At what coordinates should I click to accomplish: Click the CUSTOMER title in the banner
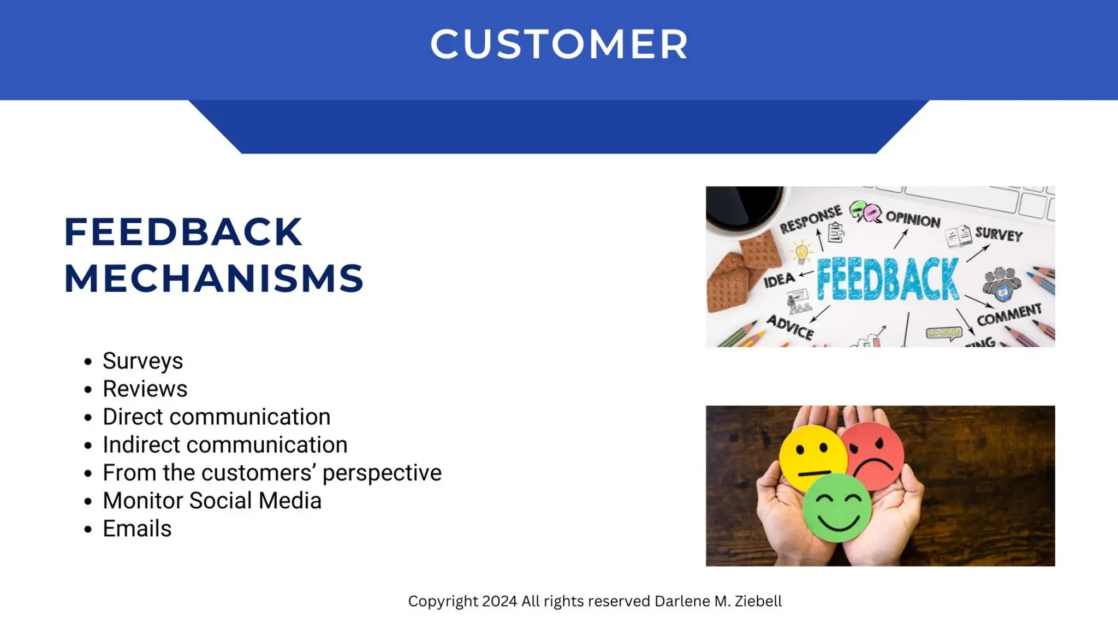click(x=558, y=44)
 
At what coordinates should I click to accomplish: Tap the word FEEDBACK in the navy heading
click(x=183, y=232)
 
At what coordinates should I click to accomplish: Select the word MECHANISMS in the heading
click(x=213, y=278)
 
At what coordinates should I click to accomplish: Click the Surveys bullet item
click(x=142, y=361)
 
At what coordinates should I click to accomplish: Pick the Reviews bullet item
click(x=145, y=389)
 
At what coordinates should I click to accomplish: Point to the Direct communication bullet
click(x=216, y=417)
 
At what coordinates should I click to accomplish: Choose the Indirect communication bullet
click(x=224, y=444)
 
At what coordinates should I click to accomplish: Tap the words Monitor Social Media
click(x=212, y=501)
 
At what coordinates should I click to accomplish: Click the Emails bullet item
click(x=136, y=529)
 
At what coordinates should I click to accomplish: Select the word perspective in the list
click(x=382, y=473)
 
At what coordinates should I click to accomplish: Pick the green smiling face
click(x=836, y=508)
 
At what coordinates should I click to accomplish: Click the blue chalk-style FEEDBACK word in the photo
click(x=887, y=280)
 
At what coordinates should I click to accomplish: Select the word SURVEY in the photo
click(x=998, y=234)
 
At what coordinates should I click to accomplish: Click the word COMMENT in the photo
click(x=1009, y=314)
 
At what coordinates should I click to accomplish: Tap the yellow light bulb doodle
click(x=801, y=253)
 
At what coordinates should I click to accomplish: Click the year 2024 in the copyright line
click(x=499, y=601)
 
